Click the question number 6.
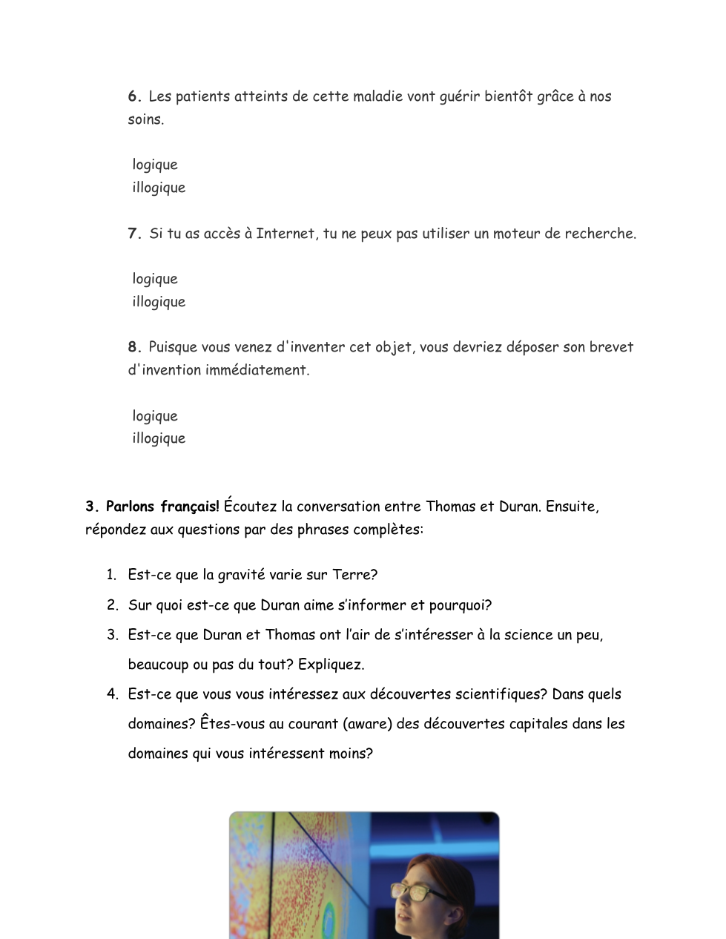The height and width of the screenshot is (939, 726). pyautogui.click(x=133, y=96)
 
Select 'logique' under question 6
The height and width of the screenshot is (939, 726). pyautogui.click(x=155, y=165)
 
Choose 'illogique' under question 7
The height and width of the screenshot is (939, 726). pyautogui.click(x=159, y=302)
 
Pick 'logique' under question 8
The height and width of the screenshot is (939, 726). pyautogui.click(x=155, y=416)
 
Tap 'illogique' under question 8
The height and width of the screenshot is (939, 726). pyautogui.click(x=159, y=438)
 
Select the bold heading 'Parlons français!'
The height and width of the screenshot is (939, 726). pyautogui.click(x=162, y=507)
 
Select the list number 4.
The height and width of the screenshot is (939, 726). pyautogui.click(x=112, y=694)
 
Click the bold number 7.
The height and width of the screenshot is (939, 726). pyautogui.click(x=133, y=234)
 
